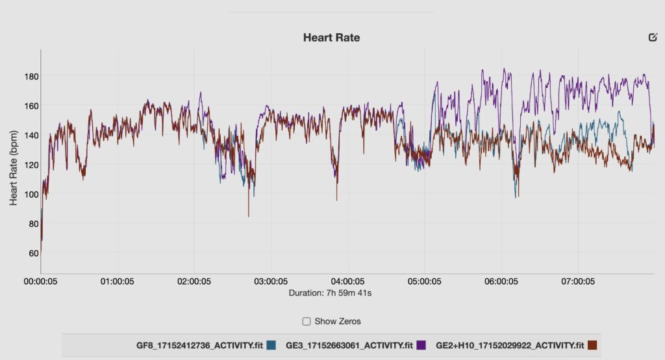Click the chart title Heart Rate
(x=331, y=38)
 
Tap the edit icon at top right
(x=653, y=37)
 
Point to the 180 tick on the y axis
(x=31, y=76)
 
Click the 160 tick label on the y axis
(x=31, y=105)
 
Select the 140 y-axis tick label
(x=31, y=135)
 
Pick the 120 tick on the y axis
(x=31, y=164)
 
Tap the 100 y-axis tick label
(x=31, y=194)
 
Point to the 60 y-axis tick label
(x=32, y=253)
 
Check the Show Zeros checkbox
(x=307, y=321)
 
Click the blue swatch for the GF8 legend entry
(x=271, y=345)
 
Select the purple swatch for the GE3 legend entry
(x=421, y=345)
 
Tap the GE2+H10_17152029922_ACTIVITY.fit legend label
(x=510, y=345)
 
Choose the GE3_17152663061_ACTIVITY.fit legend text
(x=349, y=345)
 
